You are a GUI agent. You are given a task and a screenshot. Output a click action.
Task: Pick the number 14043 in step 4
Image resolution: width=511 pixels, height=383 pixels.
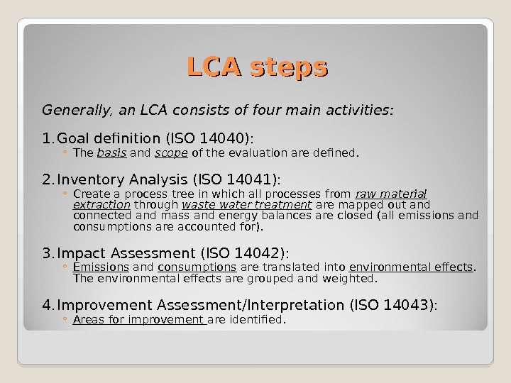[407, 304]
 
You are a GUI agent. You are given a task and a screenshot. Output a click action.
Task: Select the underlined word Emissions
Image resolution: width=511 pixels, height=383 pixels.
[101, 267]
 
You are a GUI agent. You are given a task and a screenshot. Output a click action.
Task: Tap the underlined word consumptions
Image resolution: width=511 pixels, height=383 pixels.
[197, 267]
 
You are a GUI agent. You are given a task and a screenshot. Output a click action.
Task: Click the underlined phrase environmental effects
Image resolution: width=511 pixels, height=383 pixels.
[411, 267]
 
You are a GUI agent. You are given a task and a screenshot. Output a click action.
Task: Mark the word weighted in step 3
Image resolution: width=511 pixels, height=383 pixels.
[351, 278]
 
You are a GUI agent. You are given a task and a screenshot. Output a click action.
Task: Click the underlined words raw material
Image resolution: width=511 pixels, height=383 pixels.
[390, 194]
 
